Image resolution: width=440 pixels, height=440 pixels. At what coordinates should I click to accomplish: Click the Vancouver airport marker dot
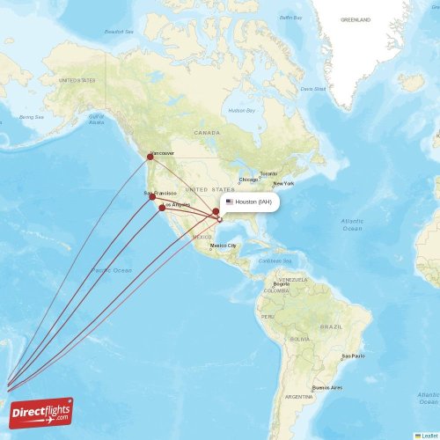coord(150,157)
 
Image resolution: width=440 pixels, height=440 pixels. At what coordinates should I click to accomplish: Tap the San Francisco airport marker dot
coord(152,196)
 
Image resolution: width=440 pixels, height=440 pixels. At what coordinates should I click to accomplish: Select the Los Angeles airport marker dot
coord(162,208)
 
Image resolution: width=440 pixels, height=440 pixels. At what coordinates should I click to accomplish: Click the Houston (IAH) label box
coord(250,202)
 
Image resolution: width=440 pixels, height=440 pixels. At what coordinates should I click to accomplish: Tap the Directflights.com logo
coord(42,413)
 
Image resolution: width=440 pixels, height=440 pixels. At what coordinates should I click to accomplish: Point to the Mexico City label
coord(223,246)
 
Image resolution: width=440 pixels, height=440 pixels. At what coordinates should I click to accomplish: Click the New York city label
coord(283,184)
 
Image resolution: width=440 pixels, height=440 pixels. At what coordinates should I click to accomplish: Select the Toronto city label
coord(268,173)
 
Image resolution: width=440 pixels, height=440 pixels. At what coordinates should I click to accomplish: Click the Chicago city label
coord(248,180)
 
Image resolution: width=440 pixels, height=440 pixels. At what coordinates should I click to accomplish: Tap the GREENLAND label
coord(356,18)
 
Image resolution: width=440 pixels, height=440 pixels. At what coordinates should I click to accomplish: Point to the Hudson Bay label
coord(240,111)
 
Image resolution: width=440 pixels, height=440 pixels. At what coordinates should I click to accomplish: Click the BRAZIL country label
coord(331,326)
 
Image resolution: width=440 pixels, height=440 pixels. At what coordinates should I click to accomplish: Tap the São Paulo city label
coord(353,356)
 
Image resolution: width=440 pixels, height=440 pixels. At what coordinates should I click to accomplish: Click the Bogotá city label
coord(282,284)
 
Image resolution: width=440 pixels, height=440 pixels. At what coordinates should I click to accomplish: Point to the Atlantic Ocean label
coord(352,224)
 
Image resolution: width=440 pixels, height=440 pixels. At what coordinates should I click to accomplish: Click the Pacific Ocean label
coord(110,269)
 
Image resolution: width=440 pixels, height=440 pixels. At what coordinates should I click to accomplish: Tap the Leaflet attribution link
coord(429,435)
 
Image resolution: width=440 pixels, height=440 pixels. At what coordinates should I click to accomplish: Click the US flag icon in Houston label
coord(230,202)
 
